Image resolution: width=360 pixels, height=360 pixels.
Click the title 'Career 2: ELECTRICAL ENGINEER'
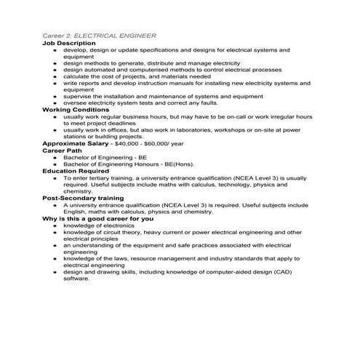[x=100, y=36]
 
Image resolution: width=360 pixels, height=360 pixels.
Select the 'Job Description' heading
[x=69, y=43]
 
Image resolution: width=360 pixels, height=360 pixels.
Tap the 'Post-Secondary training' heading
[x=83, y=198]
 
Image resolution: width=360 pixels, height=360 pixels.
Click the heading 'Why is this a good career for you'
[x=97, y=218]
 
